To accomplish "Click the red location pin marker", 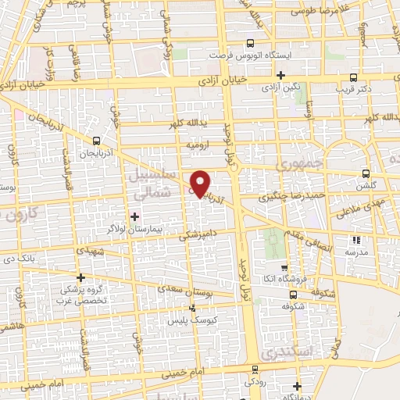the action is tap(201, 183).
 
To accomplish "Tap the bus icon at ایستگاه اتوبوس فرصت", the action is tap(250, 44).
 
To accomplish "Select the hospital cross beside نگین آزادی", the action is tap(280, 75).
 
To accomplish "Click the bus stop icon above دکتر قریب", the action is tap(354, 77).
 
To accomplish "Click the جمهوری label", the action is tap(298, 166).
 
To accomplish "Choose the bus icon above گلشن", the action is tap(365, 174).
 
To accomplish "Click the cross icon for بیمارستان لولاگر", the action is tap(134, 216).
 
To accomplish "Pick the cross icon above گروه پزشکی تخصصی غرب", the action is tap(80, 277).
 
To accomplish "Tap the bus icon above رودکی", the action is tap(254, 369).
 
